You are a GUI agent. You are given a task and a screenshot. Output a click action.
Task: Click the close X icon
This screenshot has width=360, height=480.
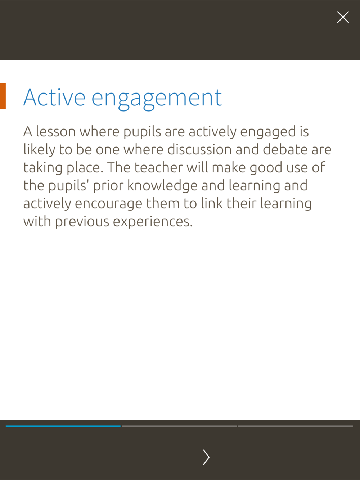(343, 17)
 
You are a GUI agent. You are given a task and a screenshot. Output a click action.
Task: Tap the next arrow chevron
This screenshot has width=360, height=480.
(206, 457)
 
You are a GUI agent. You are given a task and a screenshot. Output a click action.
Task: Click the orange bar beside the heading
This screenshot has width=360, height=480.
(3, 96)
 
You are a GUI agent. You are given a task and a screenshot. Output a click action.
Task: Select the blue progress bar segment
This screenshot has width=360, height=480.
(63, 426)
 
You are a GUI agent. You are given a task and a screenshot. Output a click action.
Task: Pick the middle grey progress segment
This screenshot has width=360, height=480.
(179, 426)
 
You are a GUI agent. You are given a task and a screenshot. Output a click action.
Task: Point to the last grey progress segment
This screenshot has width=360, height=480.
(295, 426)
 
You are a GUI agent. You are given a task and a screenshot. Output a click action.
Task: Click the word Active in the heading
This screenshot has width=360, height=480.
(54, 97)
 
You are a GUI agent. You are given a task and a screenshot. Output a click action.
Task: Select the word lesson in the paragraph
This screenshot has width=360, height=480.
(55, 131)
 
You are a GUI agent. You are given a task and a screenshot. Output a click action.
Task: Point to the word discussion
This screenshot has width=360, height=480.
(199, 150)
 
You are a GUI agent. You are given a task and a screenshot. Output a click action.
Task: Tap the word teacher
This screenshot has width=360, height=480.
(158, 168)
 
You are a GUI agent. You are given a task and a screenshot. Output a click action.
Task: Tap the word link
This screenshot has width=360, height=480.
(212, 203)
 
